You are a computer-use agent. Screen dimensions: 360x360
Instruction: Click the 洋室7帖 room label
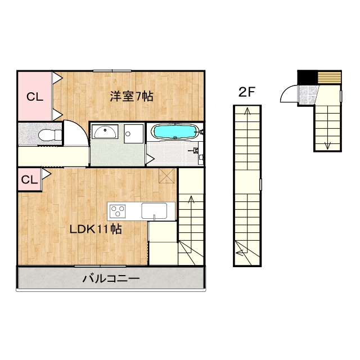(x=131, y=96)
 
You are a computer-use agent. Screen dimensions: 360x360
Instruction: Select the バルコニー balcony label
(x=111, y=278)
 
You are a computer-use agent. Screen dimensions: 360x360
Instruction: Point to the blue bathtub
(x=175, y=132)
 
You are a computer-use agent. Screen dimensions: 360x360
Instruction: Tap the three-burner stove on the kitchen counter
(x=119, y=211)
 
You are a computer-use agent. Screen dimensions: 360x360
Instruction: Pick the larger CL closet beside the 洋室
(x=34, y=96)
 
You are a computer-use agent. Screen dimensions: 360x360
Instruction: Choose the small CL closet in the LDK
(x=29, y=180)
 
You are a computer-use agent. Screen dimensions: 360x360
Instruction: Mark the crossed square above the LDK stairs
(x=167, y=175)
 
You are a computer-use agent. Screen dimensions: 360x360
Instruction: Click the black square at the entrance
(x=307, y=76)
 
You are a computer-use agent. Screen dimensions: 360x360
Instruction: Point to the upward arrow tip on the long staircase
(x=246, y=111)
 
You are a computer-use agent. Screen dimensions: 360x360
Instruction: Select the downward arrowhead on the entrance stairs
(x=327, y=146)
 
